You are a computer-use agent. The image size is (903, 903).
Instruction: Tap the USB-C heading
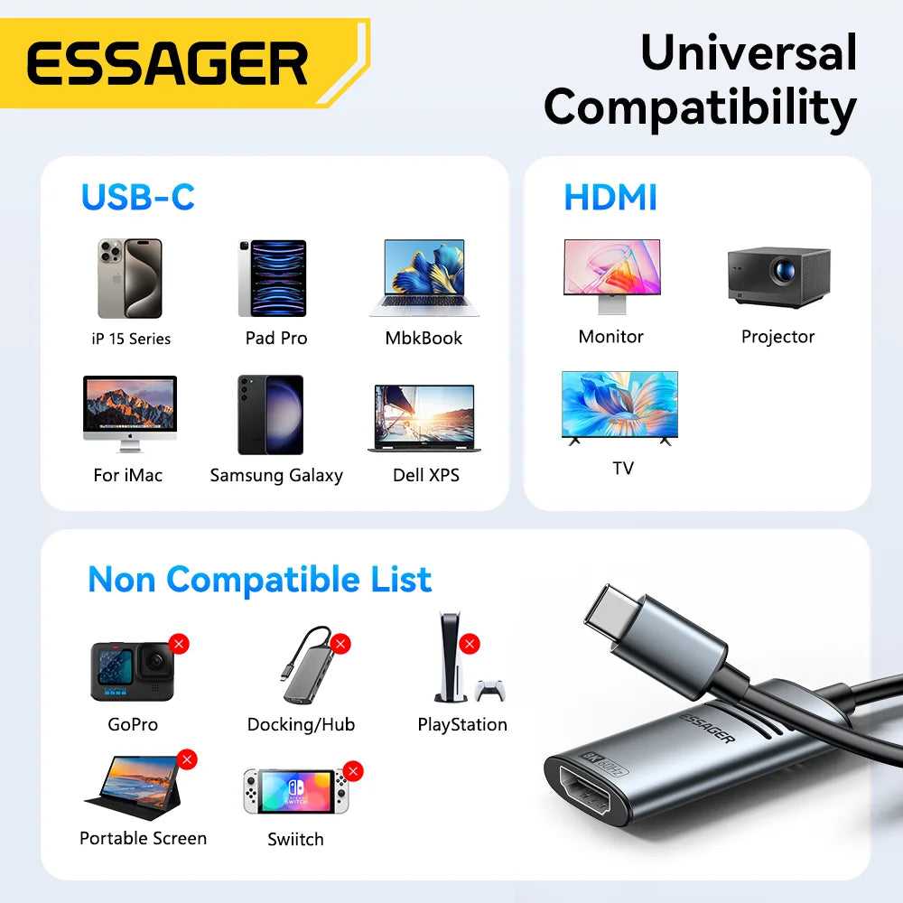pyautogui.click(x=138, y=197)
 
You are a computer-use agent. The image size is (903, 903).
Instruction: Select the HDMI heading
pyautogui.click(x=610, y=197)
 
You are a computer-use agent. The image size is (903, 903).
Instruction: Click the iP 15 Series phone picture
pyautogui.click(x=129, y=278)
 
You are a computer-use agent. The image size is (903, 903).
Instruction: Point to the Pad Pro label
pyautogui.click(x=276, y=338)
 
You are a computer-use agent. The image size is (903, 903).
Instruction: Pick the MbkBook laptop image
pyautogui.click(x=424, y=277)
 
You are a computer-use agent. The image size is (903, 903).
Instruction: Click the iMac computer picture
pyautogui.click(x=129, y=413)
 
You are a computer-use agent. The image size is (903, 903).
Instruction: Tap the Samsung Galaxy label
pyautogui.click(x=276, y=475)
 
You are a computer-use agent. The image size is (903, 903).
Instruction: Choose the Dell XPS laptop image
pyautogui.click(x=424, y=418)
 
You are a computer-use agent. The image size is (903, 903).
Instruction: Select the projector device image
pyautogui.click(x=778, y=276)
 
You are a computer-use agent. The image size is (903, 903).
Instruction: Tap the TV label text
pyautogui.click(x=623, y=468)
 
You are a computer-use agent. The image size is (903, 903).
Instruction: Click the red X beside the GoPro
pyautogui.click(x=179, y=644)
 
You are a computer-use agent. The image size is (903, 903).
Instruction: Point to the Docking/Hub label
pyautogui.click(x=301, y=724)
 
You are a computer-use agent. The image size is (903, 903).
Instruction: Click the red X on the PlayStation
pyautogui.click(x=469, y=644)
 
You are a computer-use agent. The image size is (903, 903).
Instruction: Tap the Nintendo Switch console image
pyautogui.click(x=294, y=791)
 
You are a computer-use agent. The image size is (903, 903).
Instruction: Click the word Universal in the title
pyautogui.click(x=749, y=52)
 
